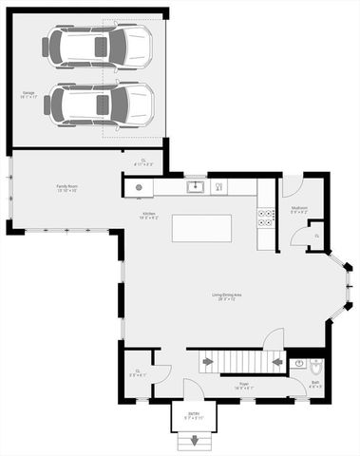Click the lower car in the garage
[x=99, y=104]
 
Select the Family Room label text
[x=66, y=190]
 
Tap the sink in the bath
[x=295, y=363]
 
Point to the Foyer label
[x=244, y=385]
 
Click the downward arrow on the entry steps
[x=195, y=440]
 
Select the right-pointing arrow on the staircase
[x=207, y=361]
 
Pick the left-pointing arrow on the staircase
[x=276, y=361]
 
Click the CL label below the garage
[x=143, y=161]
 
